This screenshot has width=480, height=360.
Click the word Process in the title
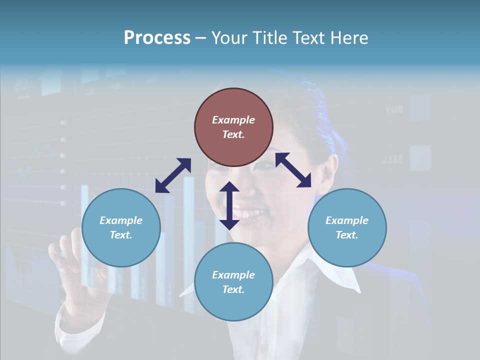point(157,38)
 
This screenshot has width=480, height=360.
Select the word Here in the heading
point(348,38)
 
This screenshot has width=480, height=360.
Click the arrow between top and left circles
point(173,175)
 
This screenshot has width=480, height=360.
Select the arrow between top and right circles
point(293,170)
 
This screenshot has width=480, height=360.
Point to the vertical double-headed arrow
point(229,206)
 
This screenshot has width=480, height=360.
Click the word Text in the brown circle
point(233,134)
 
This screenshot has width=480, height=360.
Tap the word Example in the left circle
point(121,220)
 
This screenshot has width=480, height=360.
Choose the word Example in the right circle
point(347,220)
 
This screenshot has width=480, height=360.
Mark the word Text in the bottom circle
point(233,289)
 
